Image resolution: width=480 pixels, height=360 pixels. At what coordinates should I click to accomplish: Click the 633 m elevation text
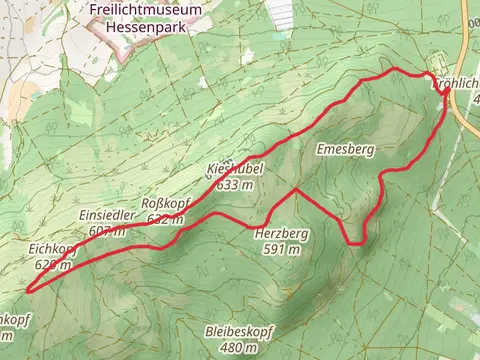click(232, 185)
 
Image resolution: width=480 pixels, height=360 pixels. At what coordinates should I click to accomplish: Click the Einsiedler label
click(105, 217)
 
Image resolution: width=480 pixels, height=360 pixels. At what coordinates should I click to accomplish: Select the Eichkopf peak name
click(54, 249)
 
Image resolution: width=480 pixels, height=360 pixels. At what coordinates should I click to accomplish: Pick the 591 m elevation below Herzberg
click(282, 250)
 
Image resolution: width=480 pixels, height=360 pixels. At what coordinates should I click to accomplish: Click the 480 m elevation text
click(238, 347)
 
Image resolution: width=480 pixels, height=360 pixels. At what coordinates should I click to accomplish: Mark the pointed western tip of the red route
click(27, 290)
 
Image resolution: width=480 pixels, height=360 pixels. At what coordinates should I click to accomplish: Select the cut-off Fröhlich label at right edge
click(458, 86)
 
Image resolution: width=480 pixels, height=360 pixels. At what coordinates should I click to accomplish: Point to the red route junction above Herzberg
click(294, 188)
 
